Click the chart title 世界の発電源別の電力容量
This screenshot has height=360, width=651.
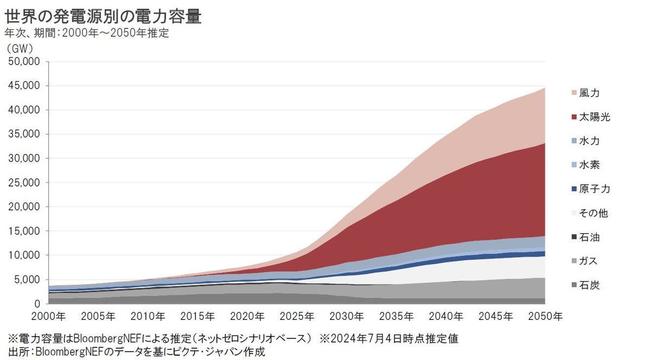pyautogui.click(x=103, y=16)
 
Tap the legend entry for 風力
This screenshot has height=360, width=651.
pyautogui.click(x=589, y=93)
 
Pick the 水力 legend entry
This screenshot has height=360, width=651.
pyautogui.click(x=589, y=141)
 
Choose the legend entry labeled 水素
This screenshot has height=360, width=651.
pyautogui.click(x=589, y=165)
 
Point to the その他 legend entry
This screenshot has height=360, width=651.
pyautogui.click(x=593, y=213)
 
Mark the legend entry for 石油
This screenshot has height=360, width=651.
pyautogui.click(x=589, y=237)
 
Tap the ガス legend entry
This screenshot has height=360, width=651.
pyautogui.click(x=588, y=261)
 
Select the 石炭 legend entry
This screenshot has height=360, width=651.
pyautogui.click(x=589, y=285)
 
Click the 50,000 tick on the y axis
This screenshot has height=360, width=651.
pyautogui.click(x=24, y=62)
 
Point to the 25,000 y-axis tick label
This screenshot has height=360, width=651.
pyautogui.click(x=24, y=183)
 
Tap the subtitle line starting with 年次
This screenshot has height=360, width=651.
pyautogui.click(x=87, y=33)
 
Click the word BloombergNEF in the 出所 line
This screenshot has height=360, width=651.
pyautogui.click(x=68, y=352)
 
